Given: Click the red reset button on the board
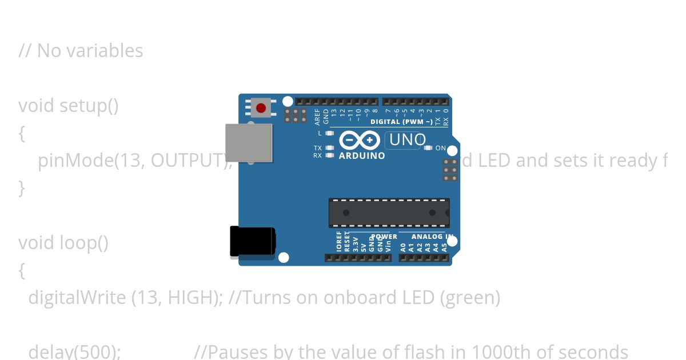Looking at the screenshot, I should (x=261, y=107).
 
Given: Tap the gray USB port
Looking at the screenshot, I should (x=249, y=143).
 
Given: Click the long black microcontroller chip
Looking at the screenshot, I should (x=389, y=213).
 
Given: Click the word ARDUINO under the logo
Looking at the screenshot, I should (x=362, y=155).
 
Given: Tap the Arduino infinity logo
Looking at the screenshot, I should (x=359, y=140).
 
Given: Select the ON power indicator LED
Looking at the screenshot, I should (x=428, y=148).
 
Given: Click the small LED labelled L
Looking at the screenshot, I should (x=329, y=133).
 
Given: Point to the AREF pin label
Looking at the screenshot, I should (x=318, y=117).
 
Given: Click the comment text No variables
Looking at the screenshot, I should (x=90, y=51).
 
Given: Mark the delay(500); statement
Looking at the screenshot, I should (x=74, y=351).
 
